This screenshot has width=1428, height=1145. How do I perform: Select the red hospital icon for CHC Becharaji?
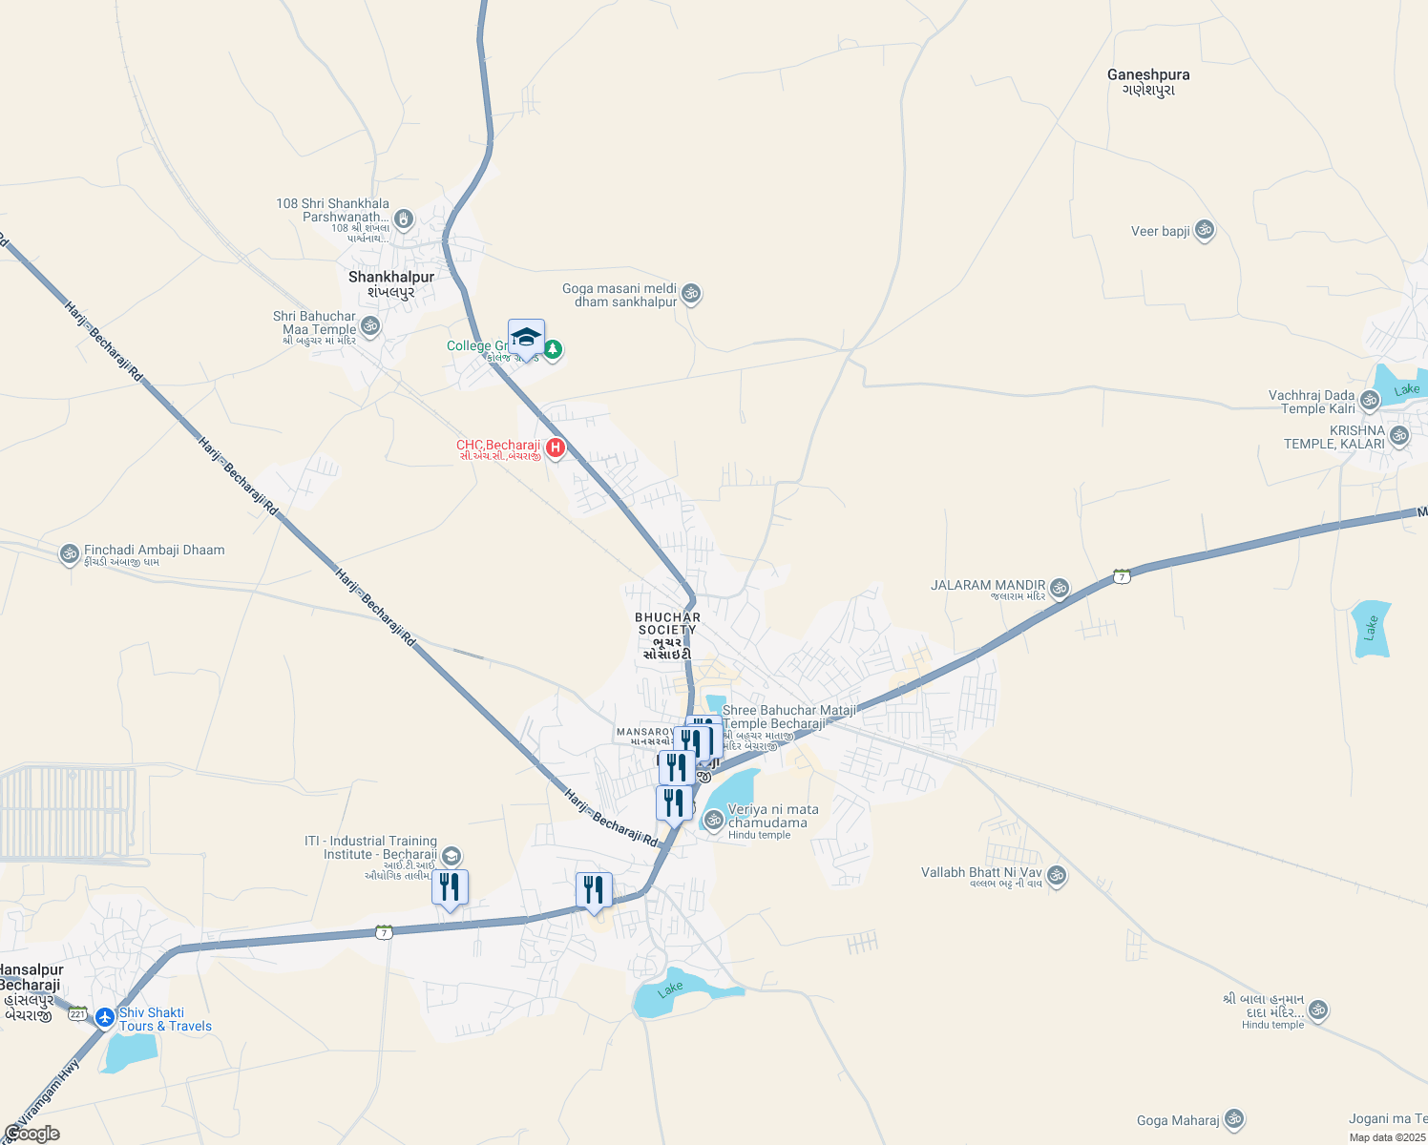(x=555, y=447)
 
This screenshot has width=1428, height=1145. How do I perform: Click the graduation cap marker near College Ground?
(x=526, y=338)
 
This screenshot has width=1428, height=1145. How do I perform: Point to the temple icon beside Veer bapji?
(x=1205, y=230)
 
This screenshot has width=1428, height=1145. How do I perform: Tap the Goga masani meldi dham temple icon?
(x=692, y=293)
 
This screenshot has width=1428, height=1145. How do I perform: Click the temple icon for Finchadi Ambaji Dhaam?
(x=69, y=553)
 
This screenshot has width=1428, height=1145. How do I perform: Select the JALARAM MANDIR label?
(x=988, y=586)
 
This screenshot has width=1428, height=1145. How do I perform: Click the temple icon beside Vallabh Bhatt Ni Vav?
(x=1056, y=874)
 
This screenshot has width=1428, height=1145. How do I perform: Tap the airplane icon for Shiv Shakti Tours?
(x=105, y=1017)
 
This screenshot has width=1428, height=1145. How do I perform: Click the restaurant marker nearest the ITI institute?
(x=450, y=887)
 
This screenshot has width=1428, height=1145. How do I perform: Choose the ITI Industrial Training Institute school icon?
(x=452, y=856)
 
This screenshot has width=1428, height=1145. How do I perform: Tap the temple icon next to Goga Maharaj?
(x=1233, y=1118)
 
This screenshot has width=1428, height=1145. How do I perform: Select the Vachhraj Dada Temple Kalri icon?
(x=1371, y=400)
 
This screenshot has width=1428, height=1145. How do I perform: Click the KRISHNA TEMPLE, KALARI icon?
(x=1399, y=436)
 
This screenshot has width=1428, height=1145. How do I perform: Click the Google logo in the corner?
(x=31, y=1134)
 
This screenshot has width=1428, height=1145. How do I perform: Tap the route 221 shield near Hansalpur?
(x=77, y=1013)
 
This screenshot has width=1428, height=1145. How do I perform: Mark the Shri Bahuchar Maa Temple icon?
(x=370, y=326)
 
